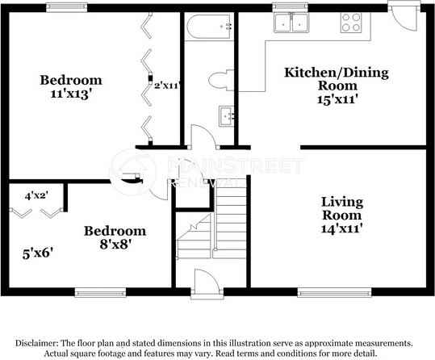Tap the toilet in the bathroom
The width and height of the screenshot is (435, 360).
point(219,80)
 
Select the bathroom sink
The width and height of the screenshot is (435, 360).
point(225,117)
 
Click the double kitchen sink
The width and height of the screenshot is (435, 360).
point(291,24)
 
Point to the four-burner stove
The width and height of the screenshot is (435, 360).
point(352,22)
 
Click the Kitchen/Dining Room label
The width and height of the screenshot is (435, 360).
point(337,78)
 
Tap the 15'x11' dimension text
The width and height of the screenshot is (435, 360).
point(336,100)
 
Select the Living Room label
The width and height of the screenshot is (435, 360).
point(341,207)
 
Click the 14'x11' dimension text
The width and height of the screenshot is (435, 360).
point(341,228)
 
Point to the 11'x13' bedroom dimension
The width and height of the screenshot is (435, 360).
point(71,94)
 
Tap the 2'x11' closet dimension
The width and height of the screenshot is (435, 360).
point(167,84)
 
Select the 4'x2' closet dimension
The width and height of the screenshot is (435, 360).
point(37,195)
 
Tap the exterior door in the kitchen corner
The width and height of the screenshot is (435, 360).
point(398,12)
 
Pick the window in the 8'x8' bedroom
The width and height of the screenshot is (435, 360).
point(100,289)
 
